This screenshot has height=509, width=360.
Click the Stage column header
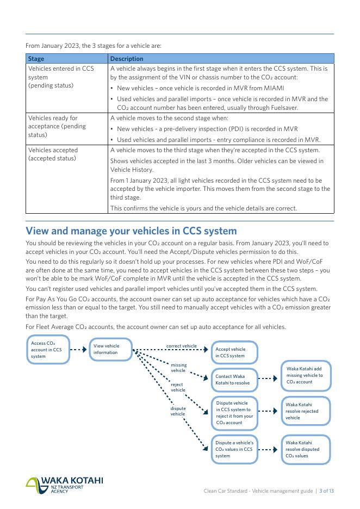(36, 59)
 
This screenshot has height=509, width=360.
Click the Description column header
(127, 59)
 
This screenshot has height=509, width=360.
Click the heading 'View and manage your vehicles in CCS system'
(131, 231)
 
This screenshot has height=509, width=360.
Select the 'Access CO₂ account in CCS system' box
(47, 350)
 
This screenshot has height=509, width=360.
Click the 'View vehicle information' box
(110, 349)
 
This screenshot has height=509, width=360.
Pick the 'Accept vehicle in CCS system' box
(234, 352)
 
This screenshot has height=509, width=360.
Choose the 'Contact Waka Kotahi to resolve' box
(234, 379)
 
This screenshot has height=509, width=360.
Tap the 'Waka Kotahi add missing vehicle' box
(305, 375)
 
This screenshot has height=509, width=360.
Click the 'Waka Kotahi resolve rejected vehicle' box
(305, 411)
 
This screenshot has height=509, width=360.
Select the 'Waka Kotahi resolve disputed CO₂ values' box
(305, 449)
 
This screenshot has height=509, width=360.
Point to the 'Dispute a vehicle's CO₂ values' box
(234, 449)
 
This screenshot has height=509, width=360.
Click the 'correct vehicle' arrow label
(182, 346)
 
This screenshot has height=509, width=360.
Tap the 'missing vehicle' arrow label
(178, 368)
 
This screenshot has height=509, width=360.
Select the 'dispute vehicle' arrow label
(178, 411)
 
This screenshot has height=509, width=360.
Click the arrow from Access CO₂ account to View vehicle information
(78, 350)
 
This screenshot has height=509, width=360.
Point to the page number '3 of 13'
(326, 491)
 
